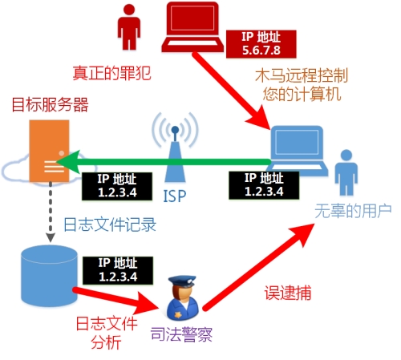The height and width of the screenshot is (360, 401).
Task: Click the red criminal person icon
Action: (129, 27)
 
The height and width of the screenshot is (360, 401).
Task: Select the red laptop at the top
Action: (192, 27)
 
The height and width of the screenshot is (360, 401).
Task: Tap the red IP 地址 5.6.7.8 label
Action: (261, 44)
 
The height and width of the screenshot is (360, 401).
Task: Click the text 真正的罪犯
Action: (111, 73)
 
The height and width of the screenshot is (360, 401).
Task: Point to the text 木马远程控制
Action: (302, 75)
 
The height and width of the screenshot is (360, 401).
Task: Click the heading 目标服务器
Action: (50, 104)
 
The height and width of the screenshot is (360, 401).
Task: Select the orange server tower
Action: (49, 151)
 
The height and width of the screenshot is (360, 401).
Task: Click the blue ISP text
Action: (175, 196)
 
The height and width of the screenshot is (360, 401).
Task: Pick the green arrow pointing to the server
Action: (164, 162)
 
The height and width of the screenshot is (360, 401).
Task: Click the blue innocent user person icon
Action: (346, 172)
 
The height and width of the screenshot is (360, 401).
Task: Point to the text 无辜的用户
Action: (353, 211)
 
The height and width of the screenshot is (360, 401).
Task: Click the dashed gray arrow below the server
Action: (51, 212)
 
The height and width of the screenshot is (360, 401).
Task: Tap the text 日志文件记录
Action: (110, 224)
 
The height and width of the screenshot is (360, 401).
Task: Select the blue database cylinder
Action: (49, 276)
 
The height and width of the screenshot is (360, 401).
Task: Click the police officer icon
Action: (183, 297)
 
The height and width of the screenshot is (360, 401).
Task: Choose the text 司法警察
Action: (181, 334)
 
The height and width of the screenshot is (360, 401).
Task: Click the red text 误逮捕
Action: (288, 293)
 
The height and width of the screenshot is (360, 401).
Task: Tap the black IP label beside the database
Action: (118, 270)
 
